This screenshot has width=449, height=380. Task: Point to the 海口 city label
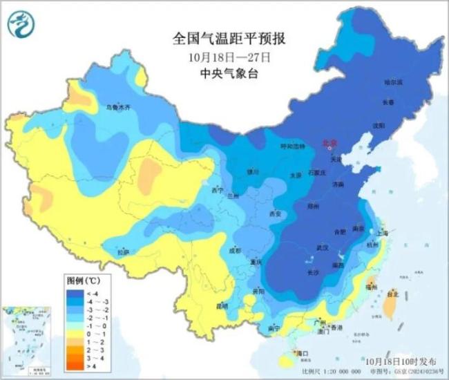[x=302, y=354]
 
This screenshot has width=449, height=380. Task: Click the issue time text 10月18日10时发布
[x=401, y=361]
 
